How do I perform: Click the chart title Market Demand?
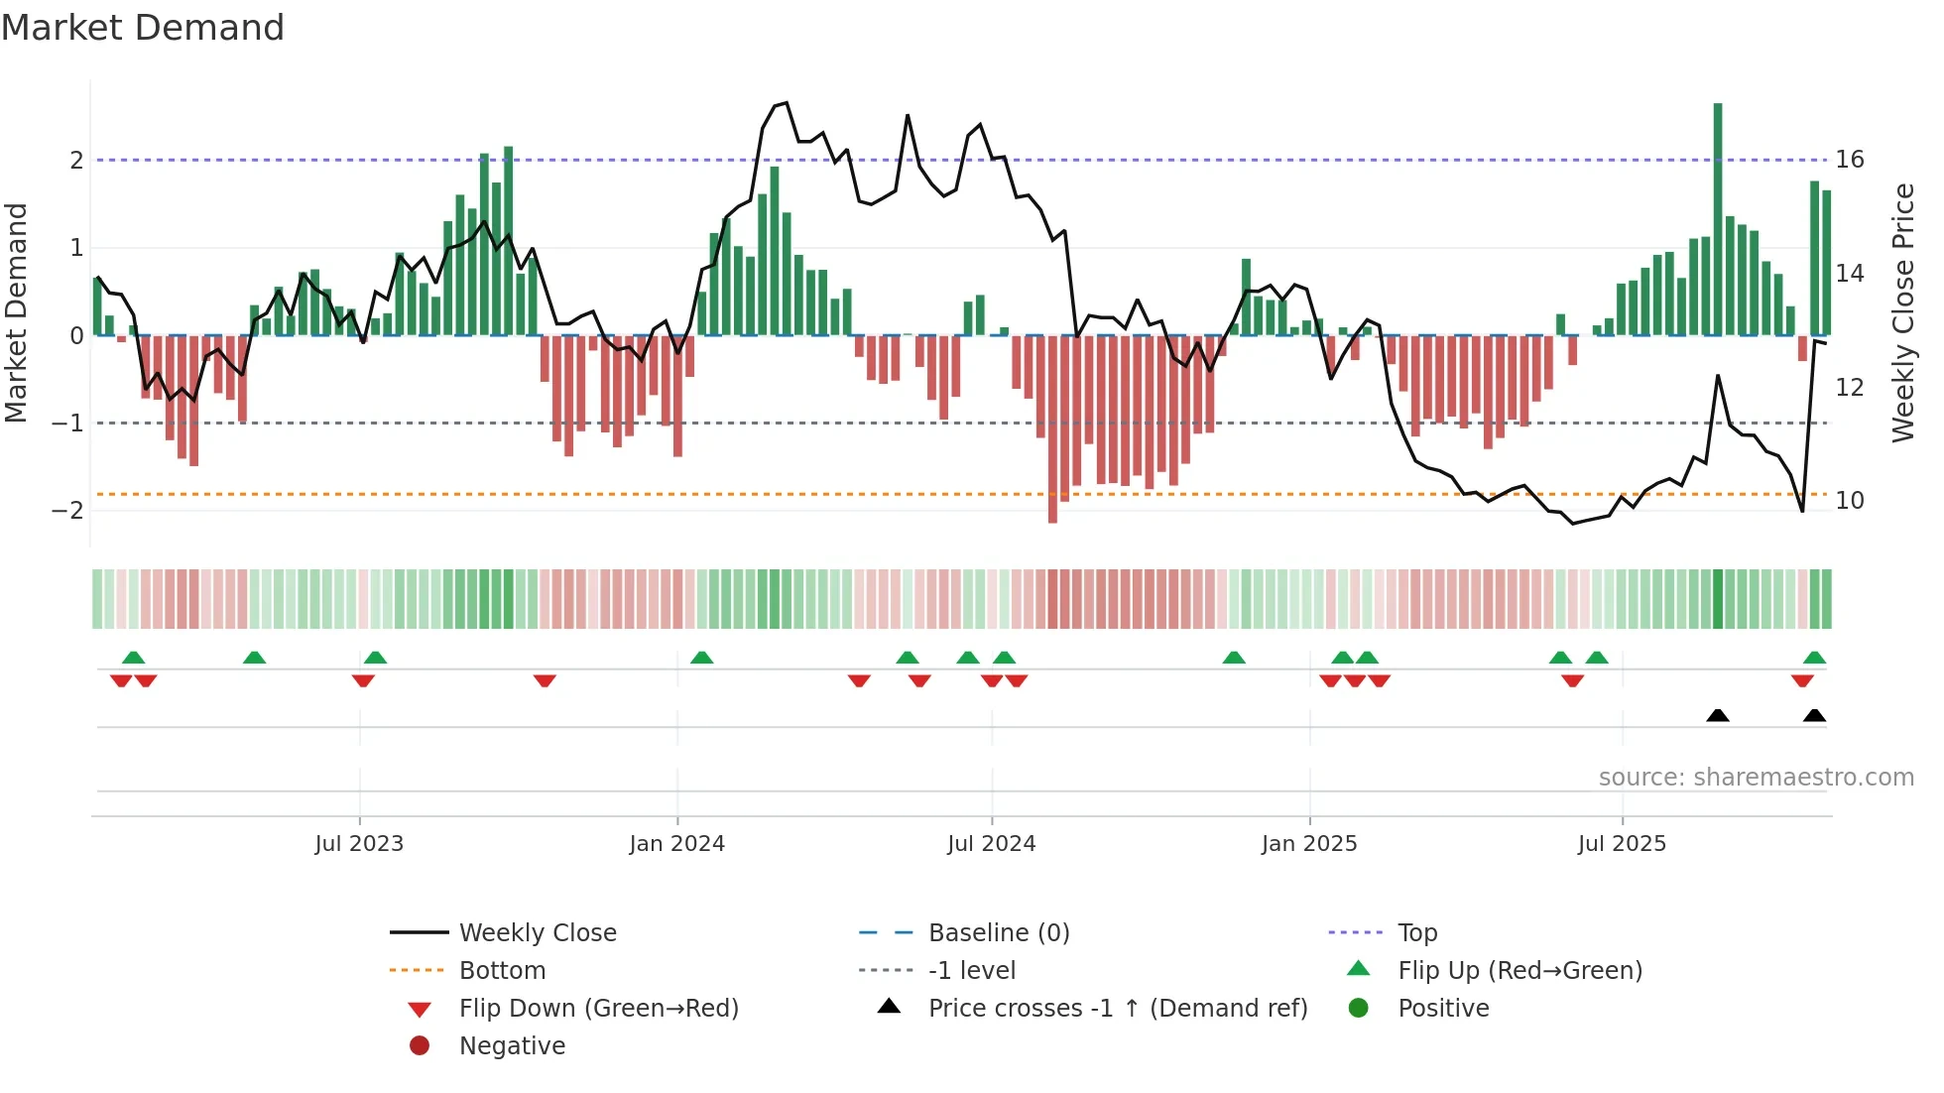click(143, 28)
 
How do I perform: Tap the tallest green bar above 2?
click(1718, 218)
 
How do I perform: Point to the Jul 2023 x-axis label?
click(359, 844)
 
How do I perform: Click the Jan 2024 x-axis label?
click(677, 844)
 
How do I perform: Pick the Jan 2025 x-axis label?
click(1309, 844)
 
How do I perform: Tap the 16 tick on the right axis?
click(1850, 160)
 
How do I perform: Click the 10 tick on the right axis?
click(1850, 501)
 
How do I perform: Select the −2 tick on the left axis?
click(68, 511)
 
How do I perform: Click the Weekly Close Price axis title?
click(1903, 312)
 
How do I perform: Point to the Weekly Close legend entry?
click(537, 933)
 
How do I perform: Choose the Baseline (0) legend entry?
click(998, 933)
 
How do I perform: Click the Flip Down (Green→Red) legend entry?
click(598, 1009)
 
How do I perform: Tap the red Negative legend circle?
click(420, 1046)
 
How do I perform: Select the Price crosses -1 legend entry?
click(1117, 1009)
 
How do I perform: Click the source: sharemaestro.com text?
click(1756, 778)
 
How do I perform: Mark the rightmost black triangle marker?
click(1814, 716)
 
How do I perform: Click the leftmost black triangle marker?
click(1718, 716)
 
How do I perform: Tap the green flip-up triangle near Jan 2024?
click(701, 658)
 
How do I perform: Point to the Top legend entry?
click(1416, 933)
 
